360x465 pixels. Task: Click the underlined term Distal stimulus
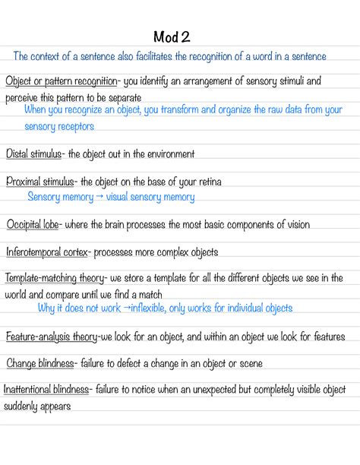(33, 154)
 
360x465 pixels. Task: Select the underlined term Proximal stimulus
(40, 182)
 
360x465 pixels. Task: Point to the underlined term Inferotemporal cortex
(48, 252)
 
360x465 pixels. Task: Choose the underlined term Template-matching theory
(57, 278)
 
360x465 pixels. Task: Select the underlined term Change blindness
(40, 364)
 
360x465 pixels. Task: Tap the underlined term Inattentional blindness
(46, 390)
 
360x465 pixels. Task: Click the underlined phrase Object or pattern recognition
(61, 81)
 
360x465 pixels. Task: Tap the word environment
(167, 154)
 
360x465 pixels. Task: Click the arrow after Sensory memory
(99, 198)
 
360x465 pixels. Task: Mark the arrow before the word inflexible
(126, 308)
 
